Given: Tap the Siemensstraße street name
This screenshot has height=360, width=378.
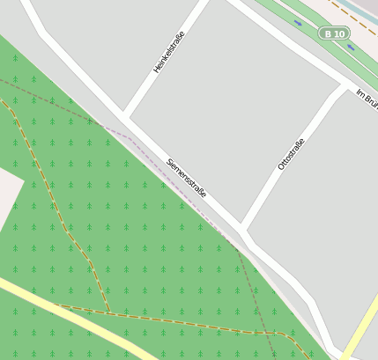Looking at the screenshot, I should point(186,177).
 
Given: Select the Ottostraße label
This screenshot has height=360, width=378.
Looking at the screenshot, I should point(291,154).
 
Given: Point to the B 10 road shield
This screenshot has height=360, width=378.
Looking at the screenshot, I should point(334,33).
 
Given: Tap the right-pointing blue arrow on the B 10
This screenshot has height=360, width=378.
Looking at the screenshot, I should point(298,22).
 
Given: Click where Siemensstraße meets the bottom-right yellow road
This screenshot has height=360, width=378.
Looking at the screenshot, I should point(338,350).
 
